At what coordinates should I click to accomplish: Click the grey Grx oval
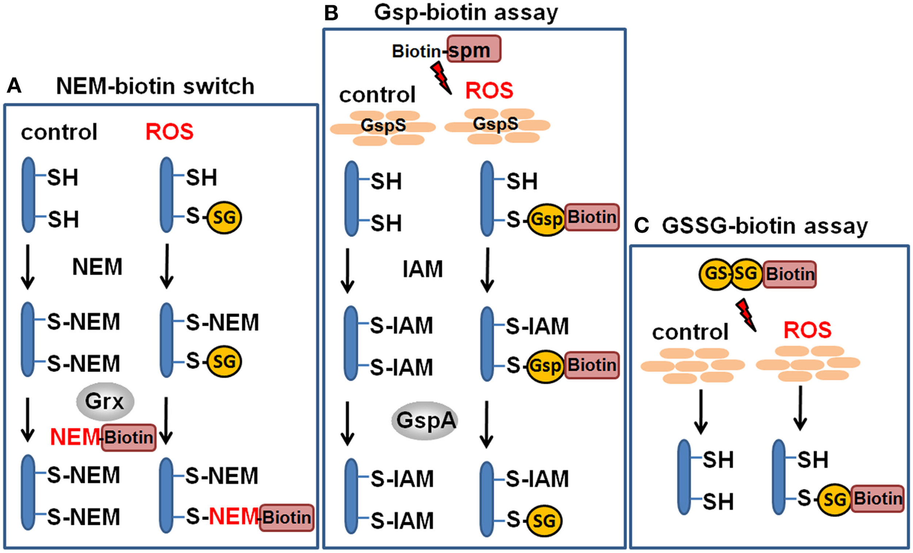click(x=105, y=401)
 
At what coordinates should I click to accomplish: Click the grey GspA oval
click(x=425, y=421)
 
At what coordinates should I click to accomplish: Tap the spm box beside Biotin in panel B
click(x=474, y=49)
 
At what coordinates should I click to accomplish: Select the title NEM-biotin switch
click(x=155, y=86)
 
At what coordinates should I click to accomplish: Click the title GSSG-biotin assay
click(x=764, y=226)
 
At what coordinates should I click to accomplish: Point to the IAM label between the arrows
click(x=423, y=269)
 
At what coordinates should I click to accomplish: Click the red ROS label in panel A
click(x=169, y=132)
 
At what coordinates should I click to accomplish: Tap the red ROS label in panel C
click(x=807, y=330)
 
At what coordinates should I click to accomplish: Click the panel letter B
click(x=331, y=13)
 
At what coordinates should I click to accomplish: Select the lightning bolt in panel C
click(x=745, y=315)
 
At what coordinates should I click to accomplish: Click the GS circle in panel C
click(x=715, y=274)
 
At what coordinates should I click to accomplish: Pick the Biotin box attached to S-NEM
click(x=286, y=518)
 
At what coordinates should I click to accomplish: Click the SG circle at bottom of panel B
click(x=543, y=521)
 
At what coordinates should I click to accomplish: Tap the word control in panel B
click(x=377, y=95)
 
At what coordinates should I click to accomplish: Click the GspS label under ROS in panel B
click(x=496, y=124)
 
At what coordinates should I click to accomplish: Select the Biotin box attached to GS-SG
click(x=790, y=274)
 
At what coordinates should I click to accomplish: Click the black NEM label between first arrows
click(x=97, y=267)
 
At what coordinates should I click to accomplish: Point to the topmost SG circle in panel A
click(x=224, y=217)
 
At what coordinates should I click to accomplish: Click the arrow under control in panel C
click(x=700, y=411)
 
